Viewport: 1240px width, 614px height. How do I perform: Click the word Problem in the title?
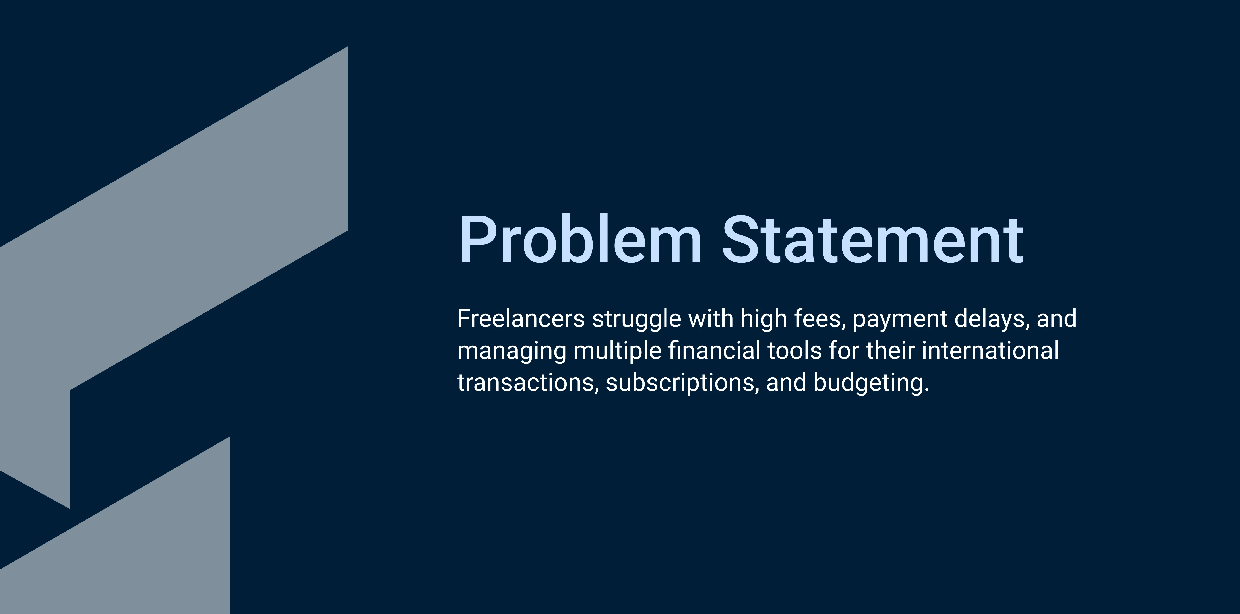pos(580,239)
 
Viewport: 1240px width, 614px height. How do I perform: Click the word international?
pos(990,350)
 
